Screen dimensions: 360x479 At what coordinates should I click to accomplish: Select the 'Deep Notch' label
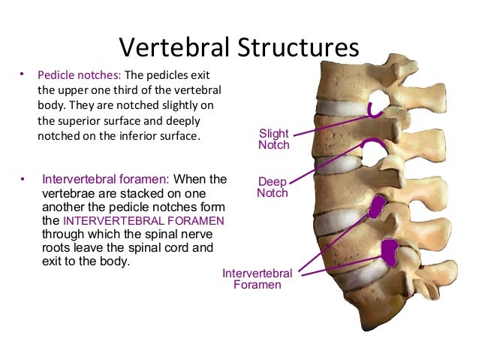pyautogui.click(x=272, y=187)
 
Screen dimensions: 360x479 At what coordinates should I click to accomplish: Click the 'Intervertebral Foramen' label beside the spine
pyautogui.click(x=257, y=280)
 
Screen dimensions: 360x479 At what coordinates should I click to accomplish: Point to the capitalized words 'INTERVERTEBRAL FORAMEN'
pyautogui.click(x=143, y=221)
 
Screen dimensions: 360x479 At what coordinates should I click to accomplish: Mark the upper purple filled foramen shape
pyautogui.click(x=378, y=204)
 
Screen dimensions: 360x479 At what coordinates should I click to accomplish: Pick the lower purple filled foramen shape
pyautogui.click(x=390, y=252)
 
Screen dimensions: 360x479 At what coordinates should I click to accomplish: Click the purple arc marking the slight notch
pyautogui.click(x=374, y=112)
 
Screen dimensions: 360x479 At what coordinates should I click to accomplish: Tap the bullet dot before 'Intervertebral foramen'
pyautogui.click(x=23, y=180)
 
